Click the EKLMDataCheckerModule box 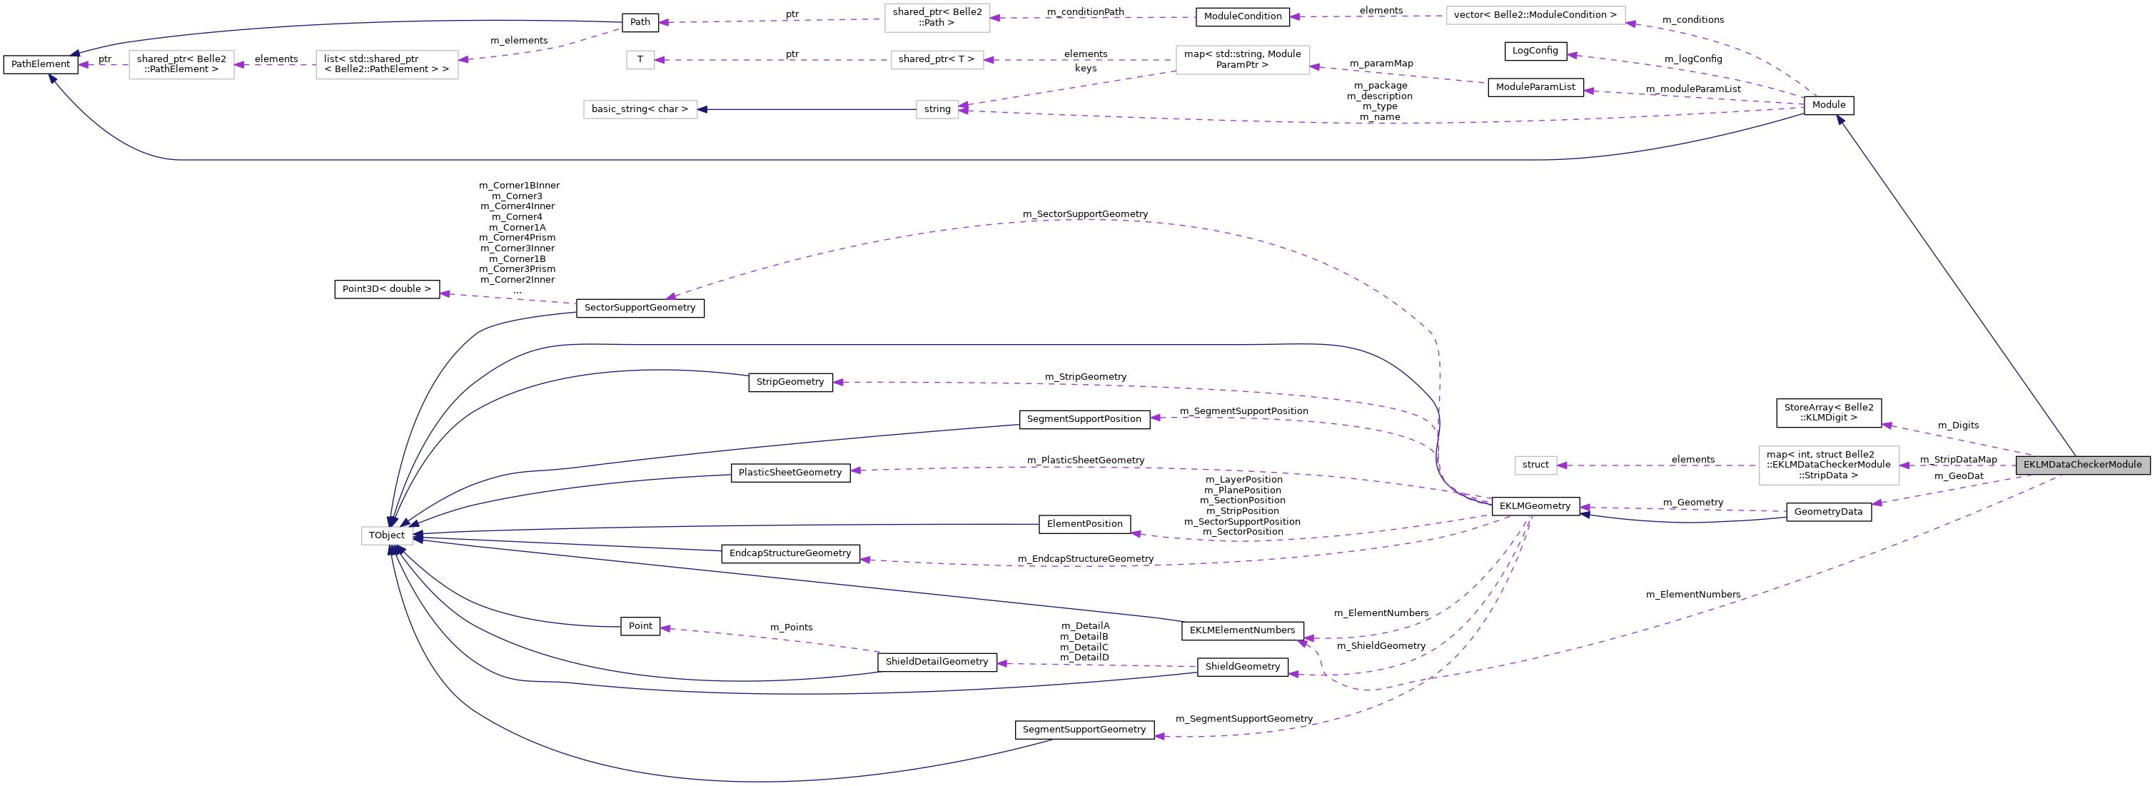(x=2082, y=465)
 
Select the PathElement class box (x=41, y=64)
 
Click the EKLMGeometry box (x=1535, y=505)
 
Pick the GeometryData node (x=1829, y=511)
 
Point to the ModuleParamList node (x=1535, y=87)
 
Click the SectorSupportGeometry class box (x=640, y=308)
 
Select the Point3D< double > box (x=386, y=289)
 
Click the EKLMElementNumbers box (x=1242, y=630)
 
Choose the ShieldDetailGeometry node (x=937, y=662)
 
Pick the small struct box (x=1536, y=465)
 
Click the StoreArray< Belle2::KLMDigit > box (x=1829, y=413)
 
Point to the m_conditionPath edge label (x=1085, y=11)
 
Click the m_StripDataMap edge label (x=1959, y=460)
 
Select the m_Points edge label (x=792, y=627)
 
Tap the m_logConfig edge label (x=1693, y=59)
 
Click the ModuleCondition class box (x=1242, y=16)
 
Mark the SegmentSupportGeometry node (x=1084, y=730)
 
